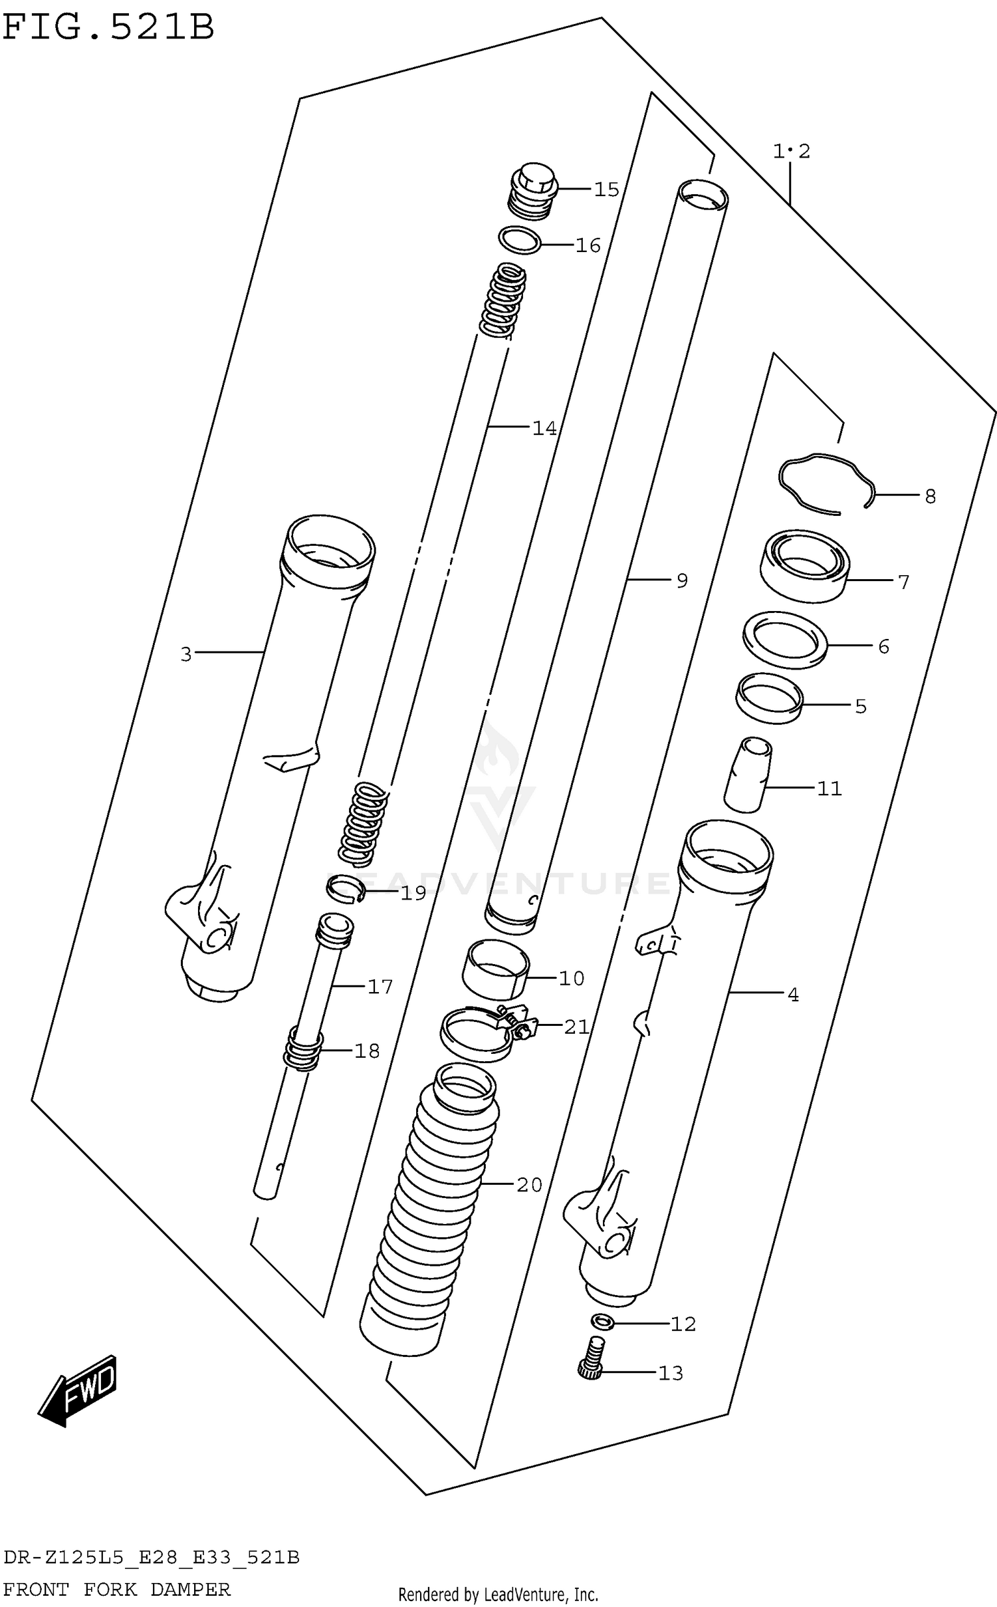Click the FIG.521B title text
pyautogui.click(x=108, y=28)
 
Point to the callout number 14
pyautogui.click(x=544, y=428)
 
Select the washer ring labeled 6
pyautogui.click(x=785, y=640)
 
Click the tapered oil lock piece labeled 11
pyautogui.click(x=748, y=775)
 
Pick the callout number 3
pyautogui.click(x=186, y=655)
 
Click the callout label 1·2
pyautogui.click(x=791, y=152)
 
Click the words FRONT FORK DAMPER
pyautogui.click(x=116, y=1590)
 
